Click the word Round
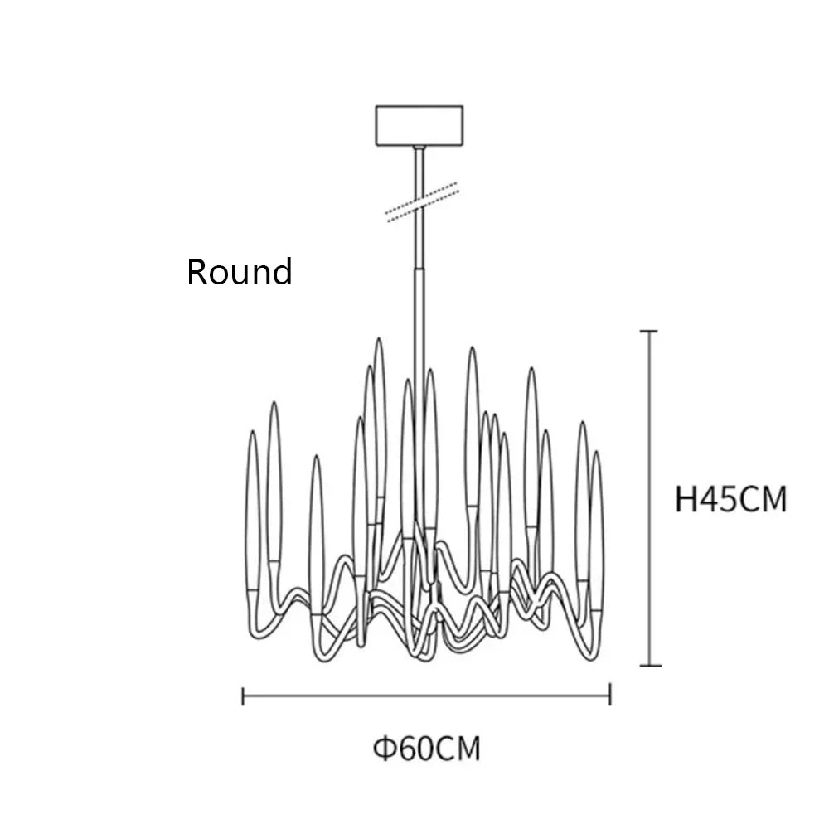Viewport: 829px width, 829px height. click(x=240, y=272)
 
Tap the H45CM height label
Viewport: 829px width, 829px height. click(x=731, y=499)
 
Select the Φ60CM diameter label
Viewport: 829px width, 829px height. click(x=427, y=749)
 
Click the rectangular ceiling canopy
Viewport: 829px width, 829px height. click(x=419, y=126)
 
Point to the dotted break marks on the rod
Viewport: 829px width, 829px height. click(x=422, y=201)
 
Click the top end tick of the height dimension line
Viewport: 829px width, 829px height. click(x=649, y=332)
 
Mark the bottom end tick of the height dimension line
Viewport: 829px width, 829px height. click(x=650, y=666)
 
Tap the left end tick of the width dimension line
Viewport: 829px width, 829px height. click(x=243, y=696)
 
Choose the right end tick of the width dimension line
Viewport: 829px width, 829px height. click(x=610, y=694)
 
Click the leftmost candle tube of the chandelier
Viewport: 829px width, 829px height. click(x=253, y=510)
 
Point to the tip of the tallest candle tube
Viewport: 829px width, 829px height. click(x=379, y=338)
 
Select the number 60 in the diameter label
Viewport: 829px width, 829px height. click(x=415, y=749)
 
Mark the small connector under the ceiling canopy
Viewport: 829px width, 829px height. click(x=419, y=148)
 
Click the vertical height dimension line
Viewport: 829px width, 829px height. click(x=650, y=498)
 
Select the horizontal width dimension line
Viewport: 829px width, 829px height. click(x=427, y=696)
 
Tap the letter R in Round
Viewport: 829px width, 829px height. click(x=197, y=272)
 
